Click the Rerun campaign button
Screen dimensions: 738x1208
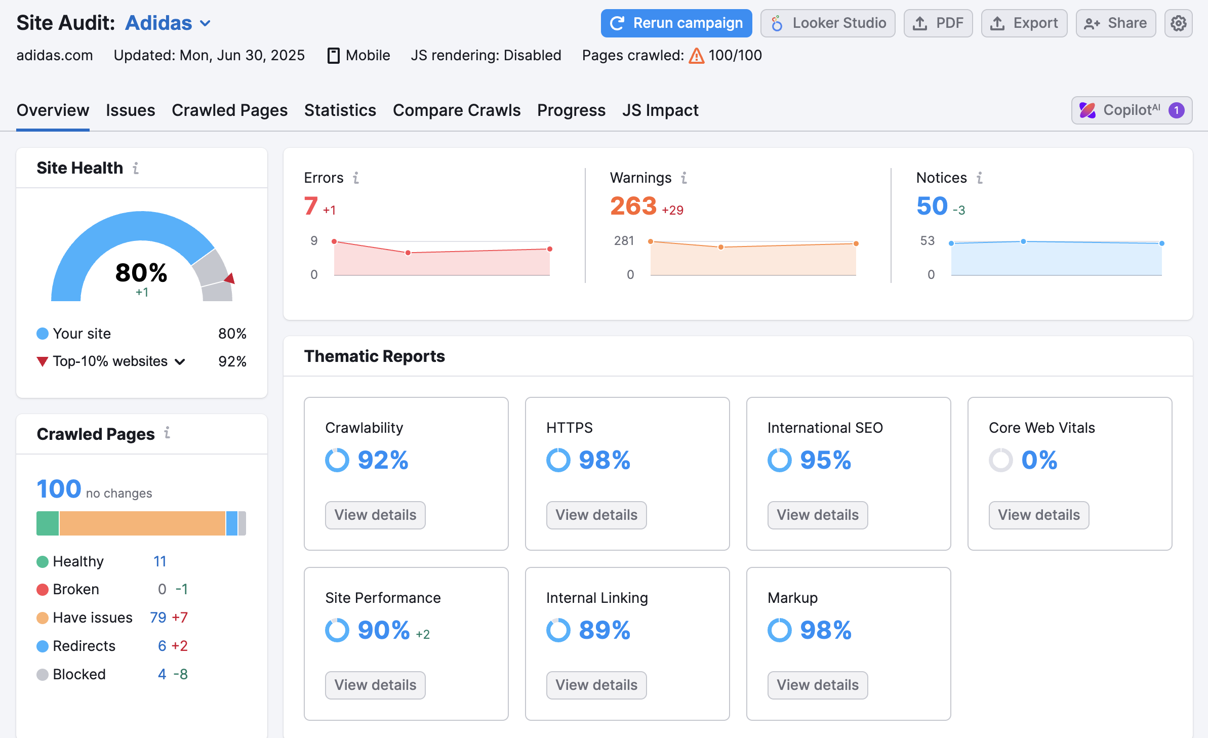[x=676, y=23]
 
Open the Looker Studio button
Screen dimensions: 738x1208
[x=828, y=23]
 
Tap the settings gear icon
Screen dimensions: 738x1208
[x=1178, y=23]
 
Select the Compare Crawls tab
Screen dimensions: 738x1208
[x=456, y=110]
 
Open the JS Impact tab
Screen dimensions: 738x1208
[x=660, y=110]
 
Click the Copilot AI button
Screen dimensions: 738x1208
[x=1132, y=110]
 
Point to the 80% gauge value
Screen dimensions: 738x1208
[x=141, y=273]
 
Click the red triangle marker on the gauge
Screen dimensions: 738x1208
[x=230, y=278]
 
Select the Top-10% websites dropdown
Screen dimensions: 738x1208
[x=118, y=361]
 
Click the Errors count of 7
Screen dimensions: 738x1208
[x=311, y=207]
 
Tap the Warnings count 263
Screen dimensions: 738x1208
[x=633, y=207]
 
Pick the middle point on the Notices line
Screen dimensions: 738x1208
[x=1023, y=241]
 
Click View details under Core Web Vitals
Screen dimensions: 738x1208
[x=1038, y=515]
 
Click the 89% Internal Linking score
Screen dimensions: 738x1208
[x=604, y=630]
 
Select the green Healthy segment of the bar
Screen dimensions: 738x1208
[x=48, y=523]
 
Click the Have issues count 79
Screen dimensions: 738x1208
[x=158, y=618]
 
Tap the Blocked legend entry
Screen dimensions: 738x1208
[x=79, y=674]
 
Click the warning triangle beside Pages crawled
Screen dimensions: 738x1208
[x=697, y=56]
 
